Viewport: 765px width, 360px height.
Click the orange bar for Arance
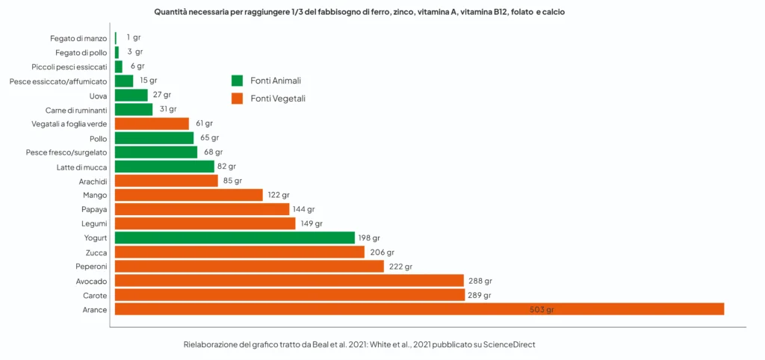[419, 309]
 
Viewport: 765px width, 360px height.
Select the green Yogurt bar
[235, 238]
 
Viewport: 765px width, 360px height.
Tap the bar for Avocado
[289, 281]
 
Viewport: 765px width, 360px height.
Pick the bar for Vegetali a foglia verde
[152, 124]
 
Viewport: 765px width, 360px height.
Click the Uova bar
[131, 96]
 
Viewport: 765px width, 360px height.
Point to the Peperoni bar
[249, 267]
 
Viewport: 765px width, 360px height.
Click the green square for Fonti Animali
[238, 81]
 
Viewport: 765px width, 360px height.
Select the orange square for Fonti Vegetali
[238, 99]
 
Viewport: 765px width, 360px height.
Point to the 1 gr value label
[134, 37]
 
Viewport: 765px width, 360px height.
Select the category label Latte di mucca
[82, 167]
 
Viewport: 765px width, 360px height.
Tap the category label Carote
[95, 296]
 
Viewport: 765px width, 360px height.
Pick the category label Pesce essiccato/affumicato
[58, 81]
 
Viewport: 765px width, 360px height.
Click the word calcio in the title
[560, 13]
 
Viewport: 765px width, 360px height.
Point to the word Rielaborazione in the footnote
[212, 345]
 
